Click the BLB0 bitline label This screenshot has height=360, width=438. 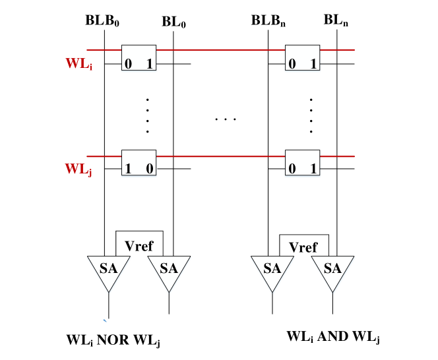click(102, 20)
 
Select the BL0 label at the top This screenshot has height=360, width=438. click(173, 22)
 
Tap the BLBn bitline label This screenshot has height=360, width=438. click(268, 20)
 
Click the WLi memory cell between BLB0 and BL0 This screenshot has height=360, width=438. click(139, 59)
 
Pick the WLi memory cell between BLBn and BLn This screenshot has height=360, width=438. click(302, 59)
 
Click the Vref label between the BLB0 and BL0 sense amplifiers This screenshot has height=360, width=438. click(138, 247)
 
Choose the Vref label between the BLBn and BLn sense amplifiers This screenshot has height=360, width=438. click(302, 247)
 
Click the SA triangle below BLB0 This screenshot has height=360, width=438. click(109, 270)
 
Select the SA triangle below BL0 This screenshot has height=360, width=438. click(169, 270)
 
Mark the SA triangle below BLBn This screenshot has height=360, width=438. click(272, 270)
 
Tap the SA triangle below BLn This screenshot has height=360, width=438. click(332, 270)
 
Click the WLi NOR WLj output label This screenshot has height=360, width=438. click(113, 340)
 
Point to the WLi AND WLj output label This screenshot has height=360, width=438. click(332, 336)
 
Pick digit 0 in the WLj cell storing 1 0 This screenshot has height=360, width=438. click(150, 169)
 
